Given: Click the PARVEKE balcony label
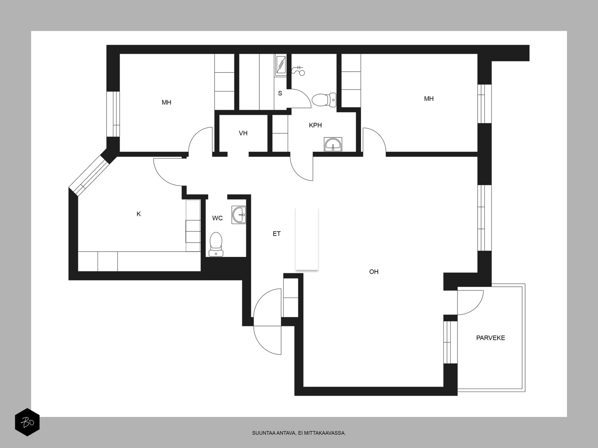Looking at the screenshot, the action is pyautogui.click(x=490, y=338).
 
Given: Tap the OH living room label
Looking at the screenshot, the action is pyautogui.click(x=374, y=272).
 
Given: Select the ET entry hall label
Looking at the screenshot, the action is pyautogui.click(x=277, y=234).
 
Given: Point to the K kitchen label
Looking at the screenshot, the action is pyautogui.click(x=139, y=214).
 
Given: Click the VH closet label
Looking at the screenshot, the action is pyautogui.click(x=243, y=133).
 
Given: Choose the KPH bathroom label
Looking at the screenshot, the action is pyautogui.click(x=315, y=125).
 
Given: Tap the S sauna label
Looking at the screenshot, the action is pyautogui.click(x=280, y=93).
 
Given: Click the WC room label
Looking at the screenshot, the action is pyautogui.click(x=218, y=218).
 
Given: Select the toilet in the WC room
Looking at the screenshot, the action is pyautogui.click(x=216, y=244).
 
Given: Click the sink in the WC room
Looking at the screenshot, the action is pyautogui.click(x=239, y=215).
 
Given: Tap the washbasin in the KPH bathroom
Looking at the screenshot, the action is pyautogui.click(x=333, y=144).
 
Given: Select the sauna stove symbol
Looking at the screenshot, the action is pyautogui.click(x=281, y=65).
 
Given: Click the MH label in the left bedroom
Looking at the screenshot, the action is pyautogui.click(x=166, y=103).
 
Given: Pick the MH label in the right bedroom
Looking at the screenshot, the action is pyautogui.click(x=429, y=99).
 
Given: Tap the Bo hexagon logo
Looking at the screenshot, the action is pyautogui.click(x=27, y=422).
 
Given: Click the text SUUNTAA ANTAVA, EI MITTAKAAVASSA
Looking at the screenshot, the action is pyautogui.click(x=299, y=433).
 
